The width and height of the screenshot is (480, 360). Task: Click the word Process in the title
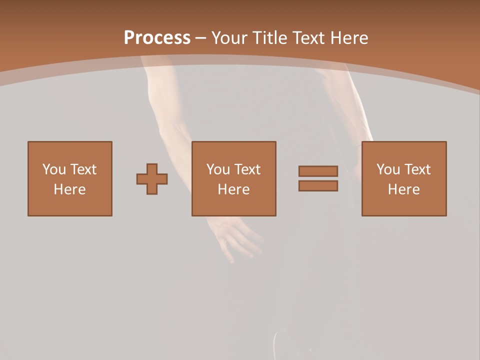tap(157, 38)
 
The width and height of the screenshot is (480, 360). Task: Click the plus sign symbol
tap(152, 179)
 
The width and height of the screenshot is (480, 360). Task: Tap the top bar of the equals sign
tap(318, 171)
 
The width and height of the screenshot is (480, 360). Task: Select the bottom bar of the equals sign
tap(318, 186)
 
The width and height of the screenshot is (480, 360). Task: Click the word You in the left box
tap(54, 169)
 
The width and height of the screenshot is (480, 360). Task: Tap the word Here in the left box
tap(69, 189)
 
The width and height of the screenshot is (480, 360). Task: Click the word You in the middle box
tap(218, 169)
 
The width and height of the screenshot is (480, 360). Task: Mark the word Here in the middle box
tap(233, 189)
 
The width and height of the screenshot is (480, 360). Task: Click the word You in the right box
tap(388, 169)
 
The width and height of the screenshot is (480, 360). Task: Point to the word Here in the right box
tap(403, 189)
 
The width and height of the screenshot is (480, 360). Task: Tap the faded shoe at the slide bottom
tap(285, 345)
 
